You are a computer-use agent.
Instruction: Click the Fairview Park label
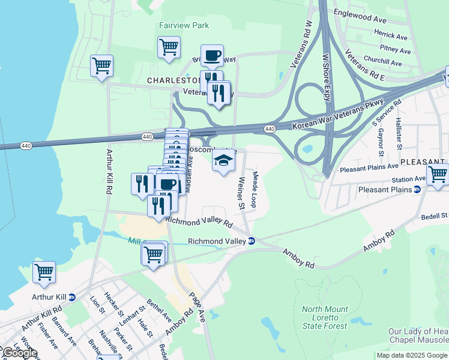tap(184, 26)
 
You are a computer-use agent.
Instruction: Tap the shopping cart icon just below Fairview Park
tap(169, 47)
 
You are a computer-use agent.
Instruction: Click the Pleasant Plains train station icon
tap(417, 190)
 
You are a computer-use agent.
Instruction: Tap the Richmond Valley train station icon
tap(252, 241)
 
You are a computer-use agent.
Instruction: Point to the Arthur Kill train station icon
tap(72, 297)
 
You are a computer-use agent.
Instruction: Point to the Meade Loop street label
tap(255, 190)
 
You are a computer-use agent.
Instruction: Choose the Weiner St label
tap(241, 193)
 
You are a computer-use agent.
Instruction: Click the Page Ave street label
tap(197, 306)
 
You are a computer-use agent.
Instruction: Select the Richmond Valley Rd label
tap(199, 222)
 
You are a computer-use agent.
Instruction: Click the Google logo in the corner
tap(19, 353)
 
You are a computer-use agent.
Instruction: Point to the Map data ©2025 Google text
tap(412, 355)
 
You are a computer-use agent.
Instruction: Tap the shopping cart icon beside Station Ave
tap(438, 175)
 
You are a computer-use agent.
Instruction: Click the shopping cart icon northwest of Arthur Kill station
tap(44, 272)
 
